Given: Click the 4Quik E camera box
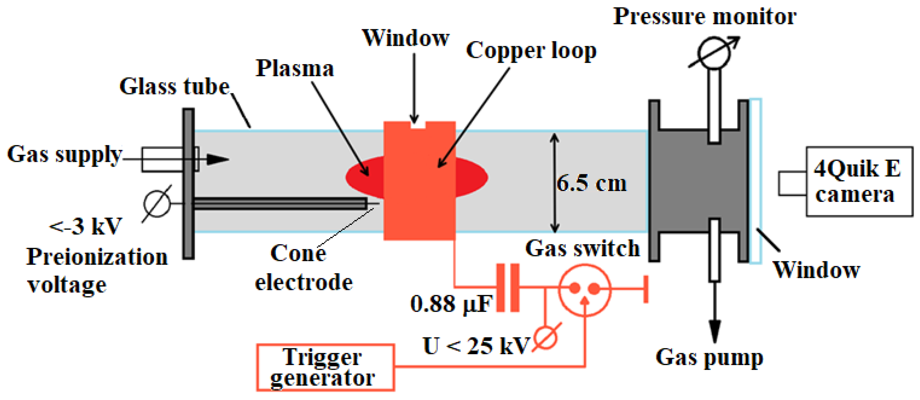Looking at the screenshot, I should [859, 181].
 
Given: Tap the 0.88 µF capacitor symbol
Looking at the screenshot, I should [507, 287].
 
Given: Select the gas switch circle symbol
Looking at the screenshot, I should [584, 290].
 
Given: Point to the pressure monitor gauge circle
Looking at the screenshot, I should [714, 53].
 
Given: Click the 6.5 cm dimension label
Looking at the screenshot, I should [591, 184].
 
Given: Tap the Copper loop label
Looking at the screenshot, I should [531, 50].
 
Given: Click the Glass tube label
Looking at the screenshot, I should [174, 87].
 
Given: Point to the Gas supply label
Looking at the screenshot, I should [64, 154].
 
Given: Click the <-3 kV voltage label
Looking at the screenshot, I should [86, 226].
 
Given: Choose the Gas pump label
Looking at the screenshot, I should [709, 357].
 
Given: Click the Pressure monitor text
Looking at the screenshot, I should [704, 16].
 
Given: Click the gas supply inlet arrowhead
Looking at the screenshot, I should [217, 160].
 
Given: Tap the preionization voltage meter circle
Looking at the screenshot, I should [157, 203].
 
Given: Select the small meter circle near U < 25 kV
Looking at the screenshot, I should [546, 338].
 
